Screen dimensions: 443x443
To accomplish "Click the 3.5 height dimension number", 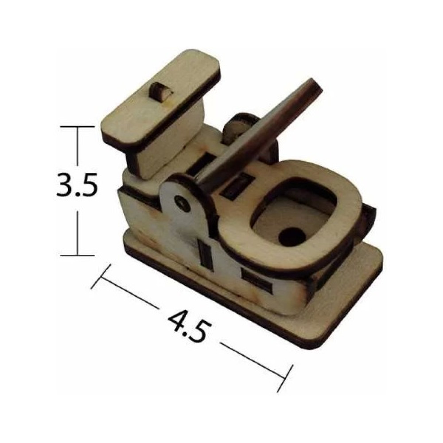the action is [x=77, y=185].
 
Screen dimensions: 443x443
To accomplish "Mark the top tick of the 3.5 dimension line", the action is [x=77, y=127].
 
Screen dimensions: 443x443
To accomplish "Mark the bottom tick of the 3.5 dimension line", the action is [x=77, y=255].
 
